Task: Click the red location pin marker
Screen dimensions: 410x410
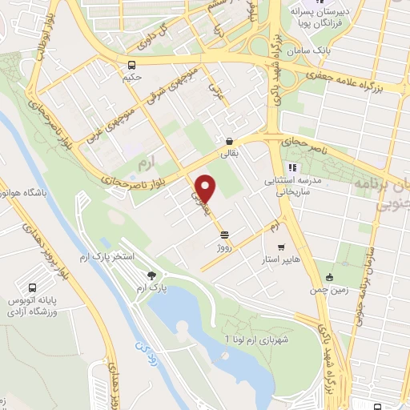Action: [206, 188]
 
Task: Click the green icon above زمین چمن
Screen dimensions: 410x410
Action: [328, 278]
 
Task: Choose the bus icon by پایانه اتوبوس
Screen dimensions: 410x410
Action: [33, 287]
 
